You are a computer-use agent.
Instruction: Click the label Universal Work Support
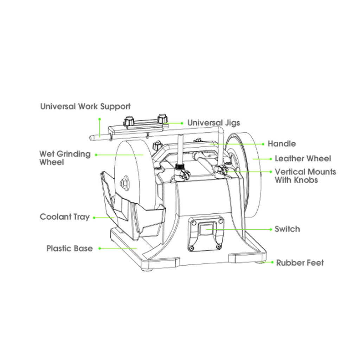click(x=85, y=107)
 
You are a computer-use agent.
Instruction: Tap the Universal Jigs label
click(x=214, y=123)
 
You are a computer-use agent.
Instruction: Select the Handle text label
click(x=282, y=144)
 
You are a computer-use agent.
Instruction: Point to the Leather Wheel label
click(x=303, y=159)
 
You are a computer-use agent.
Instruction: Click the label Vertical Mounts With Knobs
click(x=306, y=176)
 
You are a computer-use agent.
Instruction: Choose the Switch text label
click(x=287, y=229)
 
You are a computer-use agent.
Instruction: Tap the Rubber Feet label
click(x=300, y=263)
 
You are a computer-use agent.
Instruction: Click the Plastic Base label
click(x=70, y=249)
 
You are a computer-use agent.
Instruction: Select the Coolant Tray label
click(x=65, y=217)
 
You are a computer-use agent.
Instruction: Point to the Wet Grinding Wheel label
click(x=65, y=158)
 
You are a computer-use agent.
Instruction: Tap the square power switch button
click(x=207, y=229)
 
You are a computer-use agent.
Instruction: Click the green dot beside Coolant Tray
click(x=94, y=217)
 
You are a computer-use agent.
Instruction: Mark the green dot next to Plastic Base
click(x=99, y=249)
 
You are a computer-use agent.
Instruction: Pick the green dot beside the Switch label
click(x=271, y=229)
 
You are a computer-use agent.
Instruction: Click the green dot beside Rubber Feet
click(x=272, y=262)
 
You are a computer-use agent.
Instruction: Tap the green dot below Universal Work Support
click(x=99, y=119)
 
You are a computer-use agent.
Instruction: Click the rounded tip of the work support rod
click(x=90, y=138)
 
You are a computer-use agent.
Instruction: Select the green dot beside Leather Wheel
click(x=271, y=159)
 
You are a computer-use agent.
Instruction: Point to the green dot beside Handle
click(x=263, y=144)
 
